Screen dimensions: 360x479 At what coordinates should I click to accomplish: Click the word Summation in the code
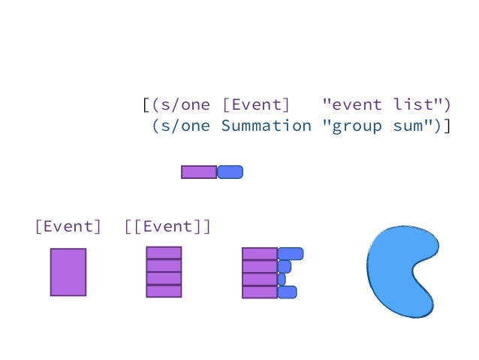tap(266, 126)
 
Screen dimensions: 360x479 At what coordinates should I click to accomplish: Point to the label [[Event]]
tap(167, 226)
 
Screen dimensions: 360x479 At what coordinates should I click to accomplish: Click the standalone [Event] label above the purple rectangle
tap(68, 226)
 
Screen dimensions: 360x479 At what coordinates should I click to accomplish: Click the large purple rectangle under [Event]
tap(68, 272)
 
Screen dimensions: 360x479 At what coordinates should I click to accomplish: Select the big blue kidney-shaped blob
tap(398, 271)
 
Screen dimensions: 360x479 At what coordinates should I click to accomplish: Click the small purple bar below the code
tap(199, 172)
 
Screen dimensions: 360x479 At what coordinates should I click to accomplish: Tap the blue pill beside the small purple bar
tap(230, 172)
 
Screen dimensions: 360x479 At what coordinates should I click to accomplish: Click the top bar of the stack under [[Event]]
tap(164, 253)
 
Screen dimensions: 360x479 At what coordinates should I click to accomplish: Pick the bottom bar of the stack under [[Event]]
tap(164, 291)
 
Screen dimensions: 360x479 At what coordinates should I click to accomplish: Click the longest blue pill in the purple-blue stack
tap(291, 254)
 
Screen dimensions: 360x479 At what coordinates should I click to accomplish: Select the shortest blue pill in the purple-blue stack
tap(282, 280)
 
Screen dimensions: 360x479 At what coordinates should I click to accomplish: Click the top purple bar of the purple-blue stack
tap(260, 254)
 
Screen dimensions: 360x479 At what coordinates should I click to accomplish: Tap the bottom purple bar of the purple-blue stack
tap(260, 292)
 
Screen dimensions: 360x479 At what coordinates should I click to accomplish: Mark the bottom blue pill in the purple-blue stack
tap(288, 292)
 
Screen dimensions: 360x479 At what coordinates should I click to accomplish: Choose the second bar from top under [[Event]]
tap(164, 265)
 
